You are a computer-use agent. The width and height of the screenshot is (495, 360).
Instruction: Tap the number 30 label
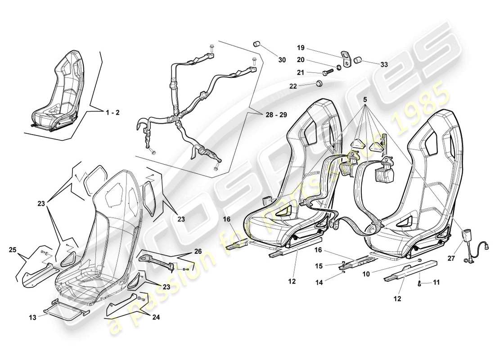click(x=282, y=59)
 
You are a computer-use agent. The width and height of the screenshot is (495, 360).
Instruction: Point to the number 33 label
click(x=384, y=64)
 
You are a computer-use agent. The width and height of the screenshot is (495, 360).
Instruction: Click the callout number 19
click(x=301, y=47)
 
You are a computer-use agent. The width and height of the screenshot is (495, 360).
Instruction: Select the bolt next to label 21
click(x=327, y=71)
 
